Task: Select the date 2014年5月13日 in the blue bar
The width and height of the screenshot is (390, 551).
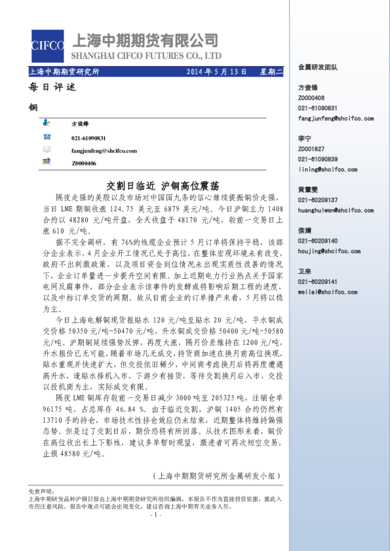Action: tap(217, 71)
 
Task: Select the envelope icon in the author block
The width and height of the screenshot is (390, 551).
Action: tap(47, 149)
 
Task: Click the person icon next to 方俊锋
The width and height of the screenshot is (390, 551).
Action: tap(47, 122)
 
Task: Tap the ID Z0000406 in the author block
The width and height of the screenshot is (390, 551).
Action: tap(83, 163)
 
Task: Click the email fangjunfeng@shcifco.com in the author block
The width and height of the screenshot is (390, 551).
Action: tap(104, 150)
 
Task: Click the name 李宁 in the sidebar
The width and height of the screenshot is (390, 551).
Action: tap(304, 139)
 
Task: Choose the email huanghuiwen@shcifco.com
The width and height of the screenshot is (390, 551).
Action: tap(336, 210)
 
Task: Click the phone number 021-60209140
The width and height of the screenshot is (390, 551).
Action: tap(318, 241)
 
